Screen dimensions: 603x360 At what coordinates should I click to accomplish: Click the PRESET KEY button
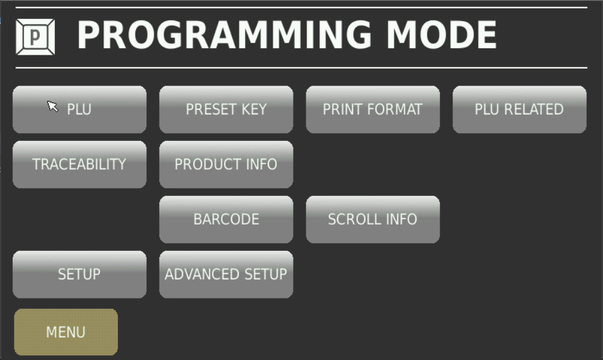226,110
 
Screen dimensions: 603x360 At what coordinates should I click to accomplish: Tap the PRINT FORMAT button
373,110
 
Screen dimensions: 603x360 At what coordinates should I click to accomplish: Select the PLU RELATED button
519,110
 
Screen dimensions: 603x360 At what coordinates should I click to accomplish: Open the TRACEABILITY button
79,164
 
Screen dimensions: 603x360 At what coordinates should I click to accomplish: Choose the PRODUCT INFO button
226,164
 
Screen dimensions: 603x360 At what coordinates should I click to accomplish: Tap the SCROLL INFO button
373,220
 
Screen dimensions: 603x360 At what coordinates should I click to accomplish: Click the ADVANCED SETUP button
226,275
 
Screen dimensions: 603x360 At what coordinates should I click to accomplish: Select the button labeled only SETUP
79,275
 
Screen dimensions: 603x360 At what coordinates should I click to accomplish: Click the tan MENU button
66,332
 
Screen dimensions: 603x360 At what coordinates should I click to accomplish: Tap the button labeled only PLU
79,110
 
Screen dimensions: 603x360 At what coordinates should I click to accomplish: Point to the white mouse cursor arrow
52,106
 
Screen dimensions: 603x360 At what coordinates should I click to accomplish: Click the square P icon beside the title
36,37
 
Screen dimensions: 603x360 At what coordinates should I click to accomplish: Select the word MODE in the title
442,35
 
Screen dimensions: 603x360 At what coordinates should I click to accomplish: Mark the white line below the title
301,68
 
